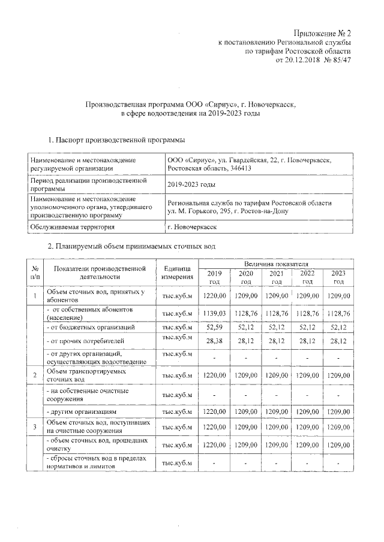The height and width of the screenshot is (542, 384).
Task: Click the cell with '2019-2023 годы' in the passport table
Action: [191, 185]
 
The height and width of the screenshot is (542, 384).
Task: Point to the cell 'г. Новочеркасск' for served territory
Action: [193, 228]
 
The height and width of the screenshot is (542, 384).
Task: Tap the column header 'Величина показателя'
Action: [276, 264]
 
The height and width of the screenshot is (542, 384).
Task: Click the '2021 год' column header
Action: [276, 277]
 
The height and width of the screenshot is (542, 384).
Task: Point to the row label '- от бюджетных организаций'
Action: [86, 327]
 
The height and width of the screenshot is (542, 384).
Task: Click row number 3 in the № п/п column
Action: [35, 426]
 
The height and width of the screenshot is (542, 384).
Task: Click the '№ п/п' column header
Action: [35, 272]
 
